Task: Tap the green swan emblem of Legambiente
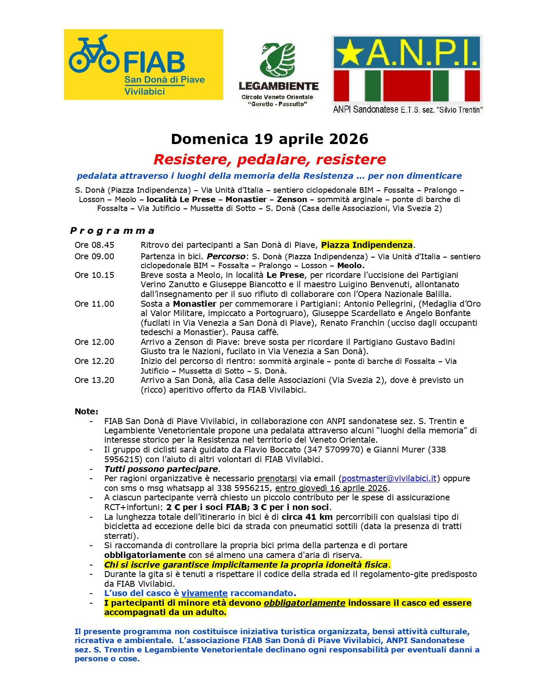pyautogui.click(x=278, y=60)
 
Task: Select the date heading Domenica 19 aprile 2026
pyautogui.click(x=269, y=139)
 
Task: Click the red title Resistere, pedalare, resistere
pyautogui.click(x=269, y=159)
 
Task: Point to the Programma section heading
pyautogui.click(x=112, y=231)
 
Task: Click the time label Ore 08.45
pyautogui.click(x=94, y=245)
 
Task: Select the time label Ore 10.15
pyautogui.click(x=94, y=275)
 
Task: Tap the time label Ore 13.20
pyautogui.click(x=94, y=380)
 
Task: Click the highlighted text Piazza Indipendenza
pyautogui.click(x=366, y=245)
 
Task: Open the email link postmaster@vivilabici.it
pyautogui.click(x=389, y=478)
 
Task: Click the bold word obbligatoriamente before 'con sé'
pyautogui.click(x=145, y=555)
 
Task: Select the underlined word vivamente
pyautogui.click(x=205, y=593)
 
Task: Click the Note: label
pyautogui.click(x=86, y=411)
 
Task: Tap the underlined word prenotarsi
pyautogui.click(x=277, y=478)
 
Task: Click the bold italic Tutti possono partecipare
pyautogui.click(x=161, y=469)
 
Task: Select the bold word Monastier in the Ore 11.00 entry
pyautogui.click(x=194, y=304)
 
